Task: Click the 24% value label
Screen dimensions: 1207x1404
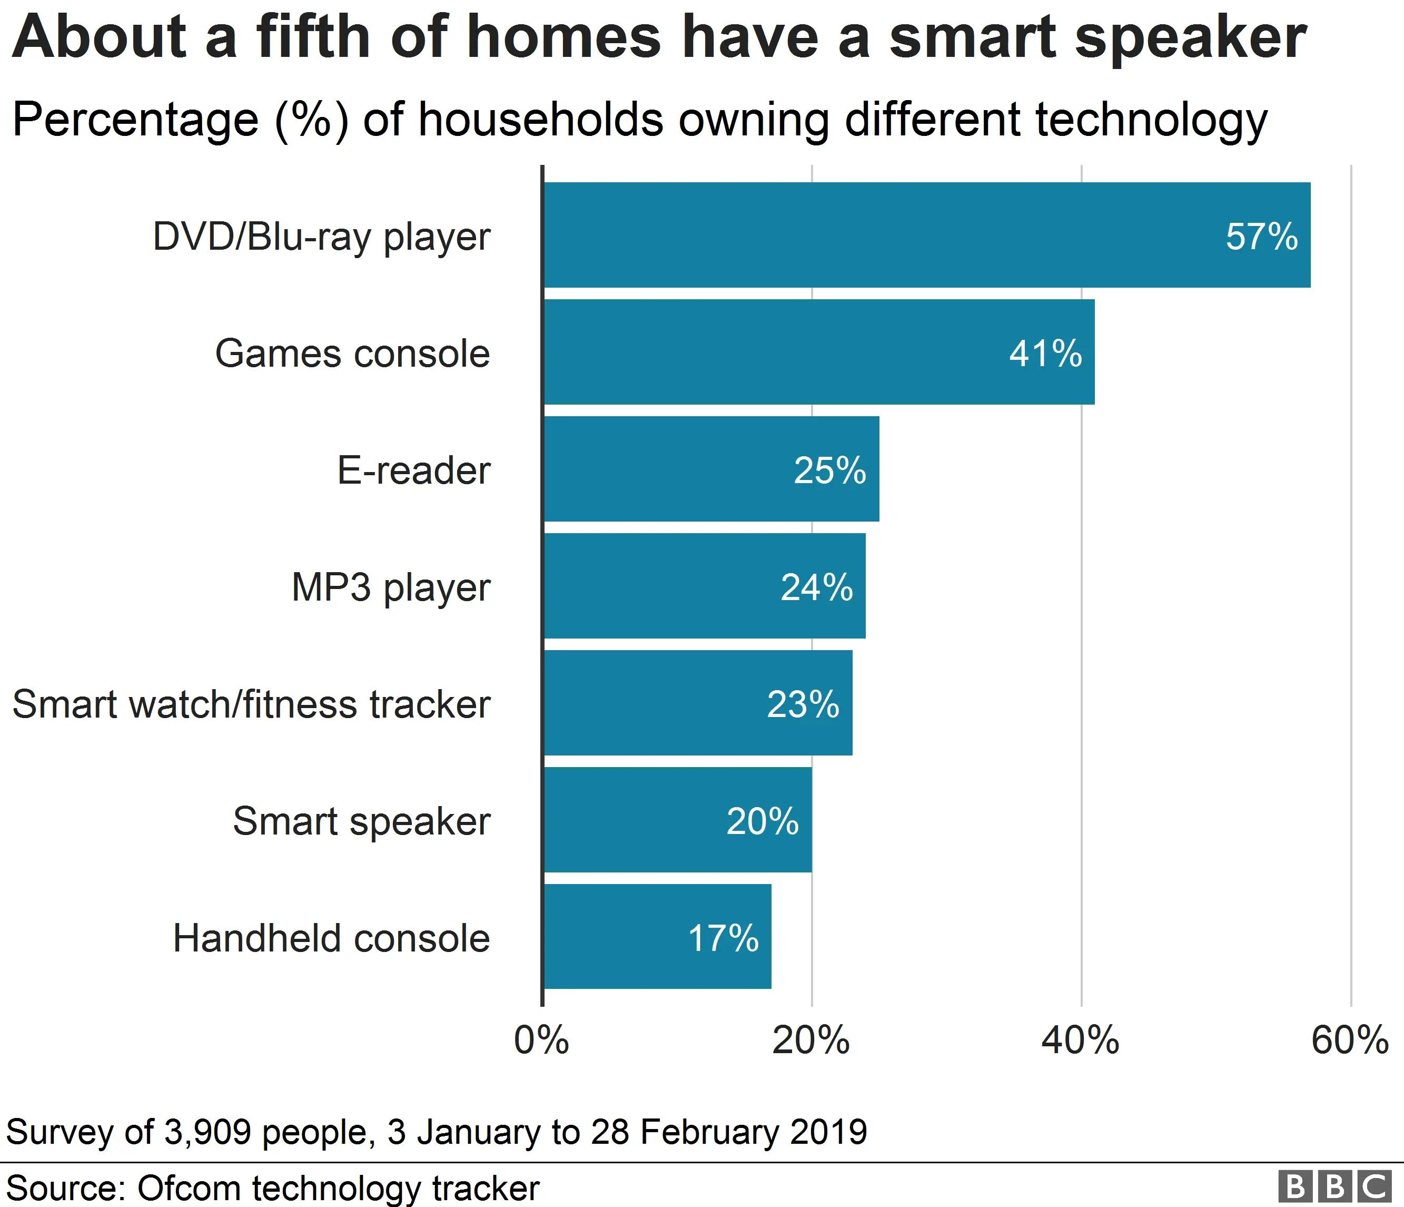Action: tap(816, 587)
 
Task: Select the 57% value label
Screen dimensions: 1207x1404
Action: tap(1261, 237)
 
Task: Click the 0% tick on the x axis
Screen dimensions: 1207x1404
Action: tap(541, 1041)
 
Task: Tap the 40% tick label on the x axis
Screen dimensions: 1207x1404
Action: tap(1080, 1041)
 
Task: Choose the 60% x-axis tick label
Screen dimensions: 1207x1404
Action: tap(1349, 1041)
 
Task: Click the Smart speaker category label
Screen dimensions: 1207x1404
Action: tap(361, 821)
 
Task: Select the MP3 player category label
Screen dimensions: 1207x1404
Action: tap(390, 587)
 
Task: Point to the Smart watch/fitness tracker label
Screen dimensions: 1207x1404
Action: tap(251, 704)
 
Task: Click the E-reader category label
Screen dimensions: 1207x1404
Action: tap(413, 470)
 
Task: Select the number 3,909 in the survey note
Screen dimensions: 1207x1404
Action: tap(207, 1132)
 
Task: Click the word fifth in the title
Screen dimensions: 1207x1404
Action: tap(313, 37)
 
